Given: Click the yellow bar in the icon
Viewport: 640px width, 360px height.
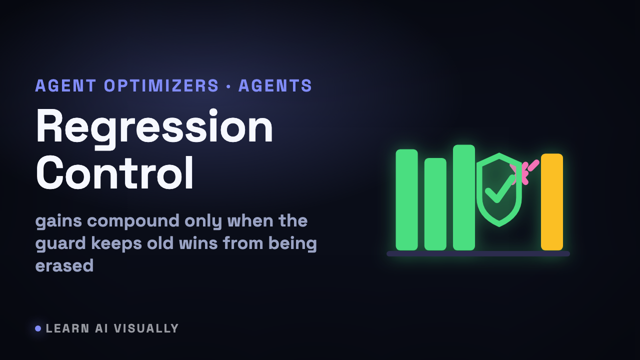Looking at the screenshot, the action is point(551,202).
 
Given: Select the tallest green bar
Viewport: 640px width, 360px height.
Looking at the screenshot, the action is point(464,197).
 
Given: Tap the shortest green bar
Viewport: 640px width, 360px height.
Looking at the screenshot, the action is point(435,204).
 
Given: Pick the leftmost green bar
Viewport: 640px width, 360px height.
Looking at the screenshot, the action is point(407,199).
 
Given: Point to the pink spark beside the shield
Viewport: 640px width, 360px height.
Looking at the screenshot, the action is point(524,171).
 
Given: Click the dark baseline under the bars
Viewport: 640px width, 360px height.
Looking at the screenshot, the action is point(478,253).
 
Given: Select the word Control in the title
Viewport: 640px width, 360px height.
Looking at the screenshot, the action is point(115,173).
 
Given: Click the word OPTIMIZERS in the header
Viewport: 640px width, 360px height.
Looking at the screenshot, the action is point(161,85).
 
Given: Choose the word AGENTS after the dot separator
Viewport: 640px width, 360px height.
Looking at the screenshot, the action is point(275,85).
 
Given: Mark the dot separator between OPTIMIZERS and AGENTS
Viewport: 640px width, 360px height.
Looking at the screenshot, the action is point(228,86).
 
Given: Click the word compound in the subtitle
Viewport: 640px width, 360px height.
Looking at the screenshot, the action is point(133,221).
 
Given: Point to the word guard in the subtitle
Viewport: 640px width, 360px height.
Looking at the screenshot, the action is point(60,244).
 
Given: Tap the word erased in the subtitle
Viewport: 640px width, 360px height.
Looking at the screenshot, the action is point(64,265).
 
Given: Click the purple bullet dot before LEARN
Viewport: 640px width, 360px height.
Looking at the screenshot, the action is point(38,328).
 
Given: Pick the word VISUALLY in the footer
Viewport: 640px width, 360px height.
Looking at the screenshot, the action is point(146,328).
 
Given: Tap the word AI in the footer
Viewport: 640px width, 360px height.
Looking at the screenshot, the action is point(101,328).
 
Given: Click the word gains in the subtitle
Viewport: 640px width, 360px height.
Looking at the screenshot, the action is point(58,221).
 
